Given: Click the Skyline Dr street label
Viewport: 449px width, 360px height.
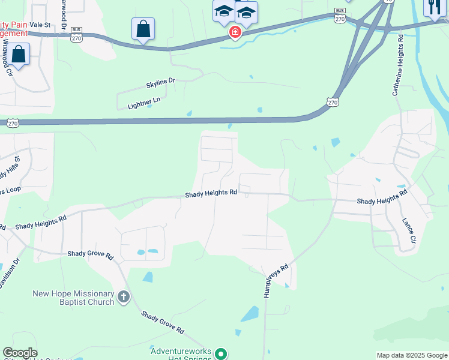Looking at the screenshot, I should [160, 80].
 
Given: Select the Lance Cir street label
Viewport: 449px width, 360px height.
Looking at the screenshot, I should [408, 230].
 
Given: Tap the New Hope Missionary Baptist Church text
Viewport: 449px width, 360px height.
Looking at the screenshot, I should [73, 298].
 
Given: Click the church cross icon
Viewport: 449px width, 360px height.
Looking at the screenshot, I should [123, 297].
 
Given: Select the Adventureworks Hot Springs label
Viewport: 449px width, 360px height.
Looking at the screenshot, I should [181, 355].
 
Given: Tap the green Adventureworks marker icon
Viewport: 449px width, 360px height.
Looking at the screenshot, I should [221, 354].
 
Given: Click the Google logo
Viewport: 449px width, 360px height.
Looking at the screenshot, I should [20, 353].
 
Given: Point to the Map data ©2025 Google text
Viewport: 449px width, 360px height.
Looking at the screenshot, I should [412, 355].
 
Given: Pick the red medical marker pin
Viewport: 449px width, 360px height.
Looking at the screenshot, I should [235, 31].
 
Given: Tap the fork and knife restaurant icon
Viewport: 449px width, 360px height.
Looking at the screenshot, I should [433, 8].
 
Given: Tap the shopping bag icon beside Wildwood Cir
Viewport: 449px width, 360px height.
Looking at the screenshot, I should [19, 55].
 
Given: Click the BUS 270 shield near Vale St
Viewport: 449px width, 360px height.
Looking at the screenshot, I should [76, 34].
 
